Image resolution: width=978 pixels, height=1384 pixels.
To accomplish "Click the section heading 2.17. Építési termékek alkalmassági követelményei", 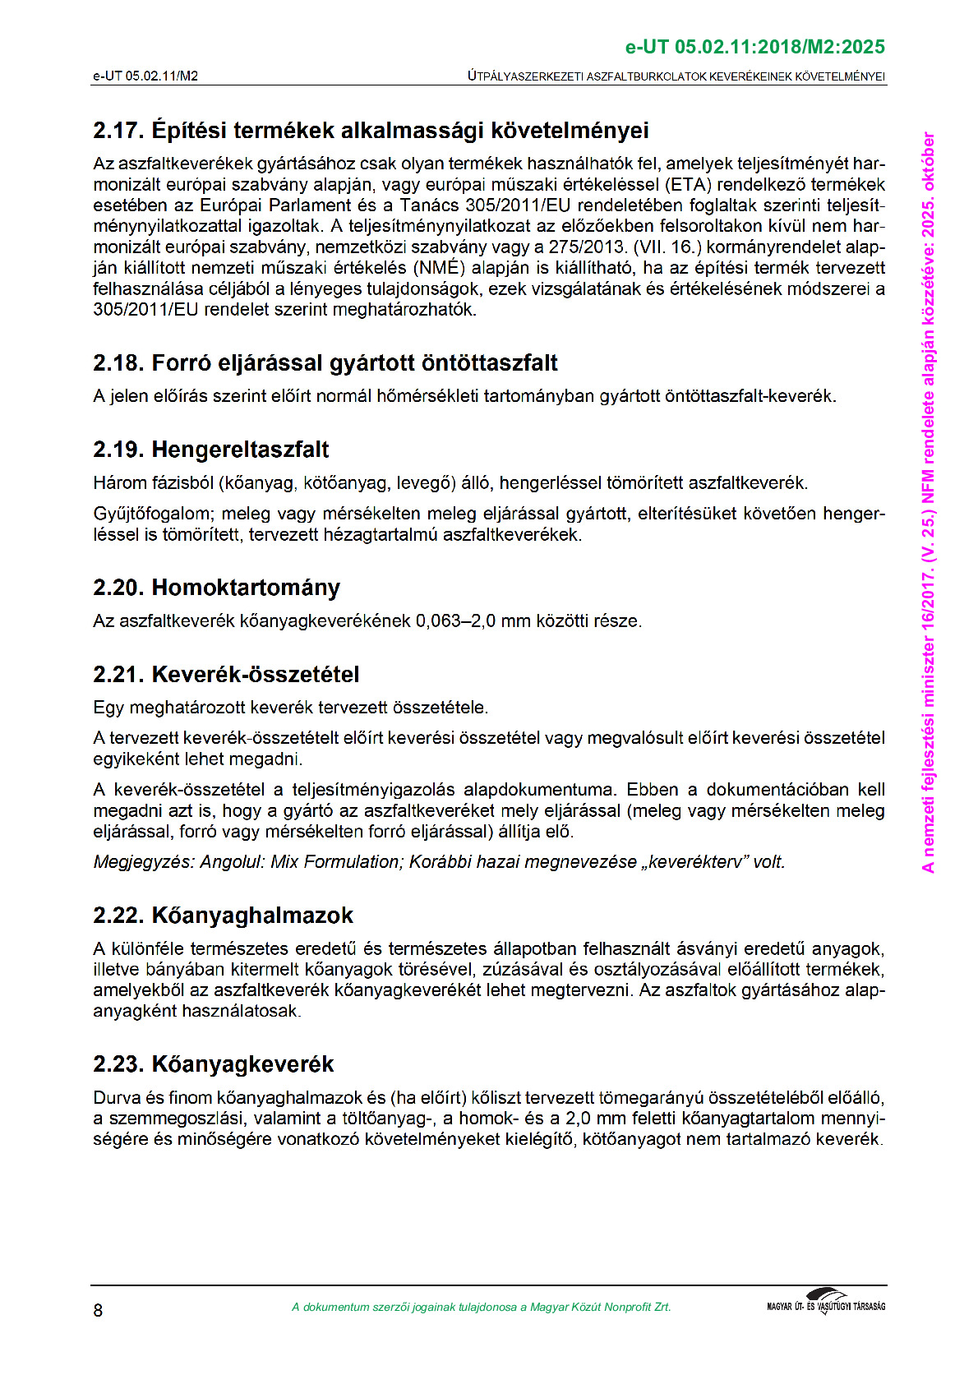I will [x=371, y=131].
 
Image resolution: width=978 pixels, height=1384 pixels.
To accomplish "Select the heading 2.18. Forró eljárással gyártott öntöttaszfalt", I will [x=325, y=363].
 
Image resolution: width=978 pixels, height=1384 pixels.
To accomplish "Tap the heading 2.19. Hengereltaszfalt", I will [x=211, y=450].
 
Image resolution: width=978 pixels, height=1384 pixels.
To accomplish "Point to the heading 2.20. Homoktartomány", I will [x=217, y=588].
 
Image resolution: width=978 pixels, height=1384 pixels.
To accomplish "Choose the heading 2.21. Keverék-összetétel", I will [x=227, y=675].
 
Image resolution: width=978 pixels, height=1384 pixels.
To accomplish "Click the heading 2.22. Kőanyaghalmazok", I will [x=224, y=916].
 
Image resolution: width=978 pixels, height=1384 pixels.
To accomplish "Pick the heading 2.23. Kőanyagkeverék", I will [x=214, y=1064].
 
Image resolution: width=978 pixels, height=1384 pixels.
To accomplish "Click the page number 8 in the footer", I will [x=99, y=1310].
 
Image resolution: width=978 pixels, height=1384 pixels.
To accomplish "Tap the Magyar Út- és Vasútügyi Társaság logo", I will [x=826, y=1303].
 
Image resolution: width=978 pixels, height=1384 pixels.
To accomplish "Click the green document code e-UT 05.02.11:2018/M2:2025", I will [x=755, y=48].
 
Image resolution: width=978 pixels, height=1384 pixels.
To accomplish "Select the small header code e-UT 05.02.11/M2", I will [x=145, y=76].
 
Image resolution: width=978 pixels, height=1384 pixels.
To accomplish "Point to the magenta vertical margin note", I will [x=929, y=501].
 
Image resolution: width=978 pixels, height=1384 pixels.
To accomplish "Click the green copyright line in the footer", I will [x=481, y=1308].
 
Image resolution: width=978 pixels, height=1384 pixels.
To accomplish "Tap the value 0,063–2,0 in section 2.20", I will [x=455, y=621].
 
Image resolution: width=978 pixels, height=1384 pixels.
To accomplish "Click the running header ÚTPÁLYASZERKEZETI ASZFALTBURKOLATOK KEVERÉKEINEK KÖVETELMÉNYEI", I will [x=676, y=76].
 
